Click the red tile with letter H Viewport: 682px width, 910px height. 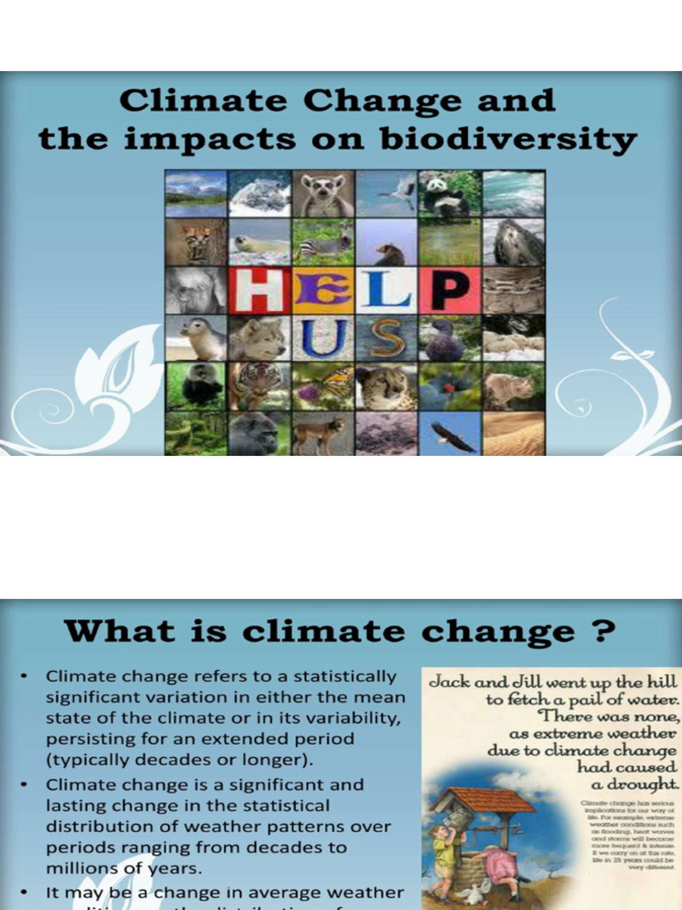[x=260, y=291]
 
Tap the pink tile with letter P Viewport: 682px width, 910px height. [x=450, y=291]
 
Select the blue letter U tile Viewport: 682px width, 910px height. [x=323, y=338]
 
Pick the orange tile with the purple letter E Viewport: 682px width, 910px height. [x=323, y=291]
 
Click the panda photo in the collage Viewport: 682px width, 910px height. [x=449, y=194]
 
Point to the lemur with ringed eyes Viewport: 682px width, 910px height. [x=323, y=194]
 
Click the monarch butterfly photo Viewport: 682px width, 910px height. [x=323, y=387]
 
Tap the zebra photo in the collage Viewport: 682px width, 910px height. [x=323, y=242]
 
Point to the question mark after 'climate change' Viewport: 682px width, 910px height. [x=603, y=632]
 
